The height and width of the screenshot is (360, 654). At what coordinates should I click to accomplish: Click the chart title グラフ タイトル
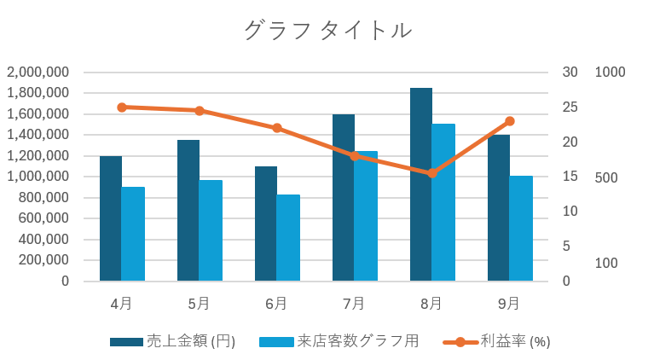pyautogui.click(x=327, y=31)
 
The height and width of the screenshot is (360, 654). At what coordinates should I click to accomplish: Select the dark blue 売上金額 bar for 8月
pyautogui.click(x=420, y=184)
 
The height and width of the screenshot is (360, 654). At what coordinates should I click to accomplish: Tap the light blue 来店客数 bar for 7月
pyautogui.click(x=366, y=216)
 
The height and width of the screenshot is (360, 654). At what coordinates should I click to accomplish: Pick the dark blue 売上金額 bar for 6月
pyautogui.click(x=265, y=224)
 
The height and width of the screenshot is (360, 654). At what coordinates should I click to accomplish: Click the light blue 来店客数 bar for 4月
pyautogui.click(x=133, y=234)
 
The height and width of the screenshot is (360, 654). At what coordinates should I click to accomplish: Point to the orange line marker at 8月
pyautogui.click(x=431, y=173)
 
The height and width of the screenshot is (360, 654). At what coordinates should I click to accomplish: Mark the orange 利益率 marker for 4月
pyautogui.click(x=122, y=107)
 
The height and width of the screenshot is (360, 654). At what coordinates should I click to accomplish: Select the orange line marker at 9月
pyautogui.click(x=510, y=121)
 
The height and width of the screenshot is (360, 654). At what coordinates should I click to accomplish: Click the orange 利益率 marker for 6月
pyautogui.click(x=277, y=128)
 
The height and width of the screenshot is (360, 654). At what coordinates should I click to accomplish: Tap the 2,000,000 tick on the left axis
pyautogui.click(x=38, y=73)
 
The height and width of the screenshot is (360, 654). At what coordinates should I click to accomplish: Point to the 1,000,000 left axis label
pyautogui.click(x=38, y=177)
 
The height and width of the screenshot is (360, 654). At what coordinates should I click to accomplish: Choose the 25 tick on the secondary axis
pyautogui.click(x=570, y=107)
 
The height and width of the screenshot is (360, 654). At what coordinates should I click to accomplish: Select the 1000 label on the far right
pyautogui.click(x=610, y=73)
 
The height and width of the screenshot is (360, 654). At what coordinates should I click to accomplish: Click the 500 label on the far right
pyautogui.click(x=605, y=177)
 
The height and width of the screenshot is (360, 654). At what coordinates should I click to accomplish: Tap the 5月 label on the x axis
pyautogui.click(x=199, y=304)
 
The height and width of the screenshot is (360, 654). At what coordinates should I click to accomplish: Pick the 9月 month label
pyautogui.click(x=509, y=304)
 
